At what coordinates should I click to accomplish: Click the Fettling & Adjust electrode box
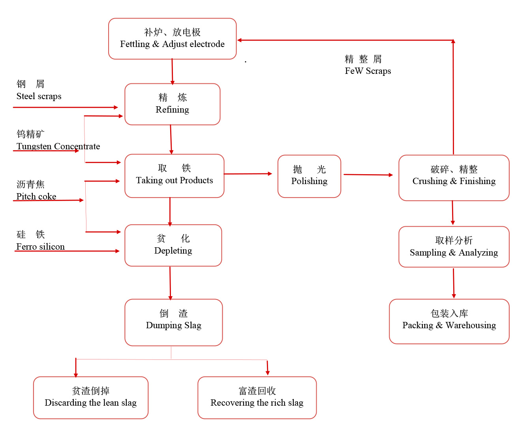[172, 39]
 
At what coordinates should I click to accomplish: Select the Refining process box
[172, 104]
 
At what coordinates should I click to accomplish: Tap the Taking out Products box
[174, 176]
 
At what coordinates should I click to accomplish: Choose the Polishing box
[309, 176]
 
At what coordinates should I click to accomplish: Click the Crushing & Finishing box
[454, 178]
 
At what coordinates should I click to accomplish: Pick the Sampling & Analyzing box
[454, 246]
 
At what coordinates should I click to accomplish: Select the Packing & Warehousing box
[449, 321]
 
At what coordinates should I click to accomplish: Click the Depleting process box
[173, 245]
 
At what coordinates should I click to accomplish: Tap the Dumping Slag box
[173, 322]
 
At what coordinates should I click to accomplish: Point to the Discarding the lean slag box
[90, 397]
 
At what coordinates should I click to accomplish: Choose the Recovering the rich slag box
[257, 397]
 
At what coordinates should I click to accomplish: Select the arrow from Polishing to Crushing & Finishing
[368, 175]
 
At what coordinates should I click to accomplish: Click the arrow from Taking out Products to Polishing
[248, 174]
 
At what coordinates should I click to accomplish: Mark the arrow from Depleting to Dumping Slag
[170, 283]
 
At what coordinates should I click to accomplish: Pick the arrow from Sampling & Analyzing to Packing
[454, 283]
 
